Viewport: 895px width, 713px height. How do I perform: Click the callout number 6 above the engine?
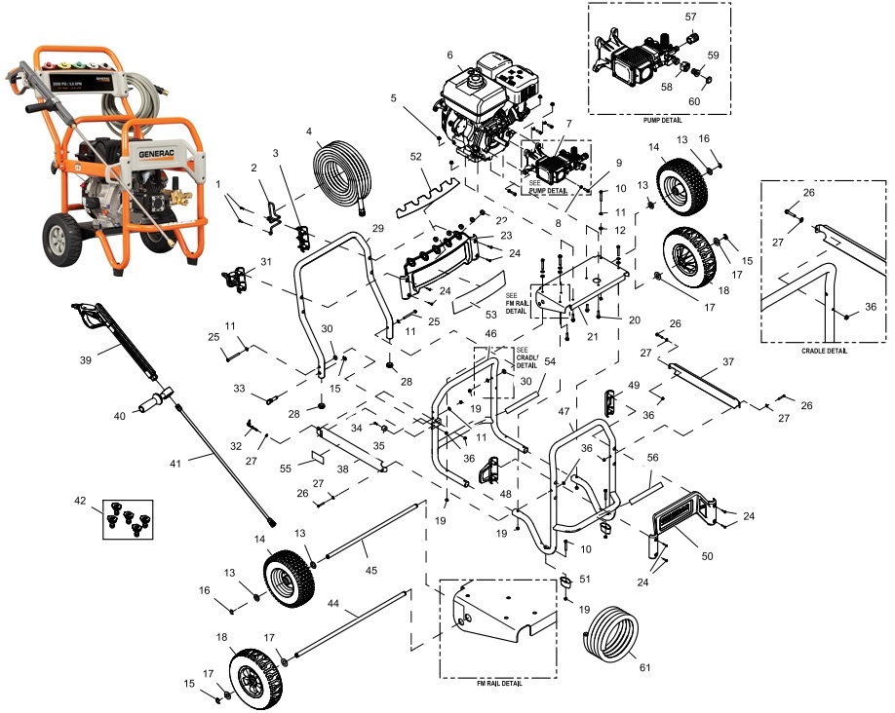tap(450, 55)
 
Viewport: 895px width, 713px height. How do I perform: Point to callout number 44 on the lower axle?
tap(333, 604)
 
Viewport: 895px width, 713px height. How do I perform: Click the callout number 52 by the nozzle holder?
tap(416, 157)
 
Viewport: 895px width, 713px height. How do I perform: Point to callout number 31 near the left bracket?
tap(265, 261)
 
